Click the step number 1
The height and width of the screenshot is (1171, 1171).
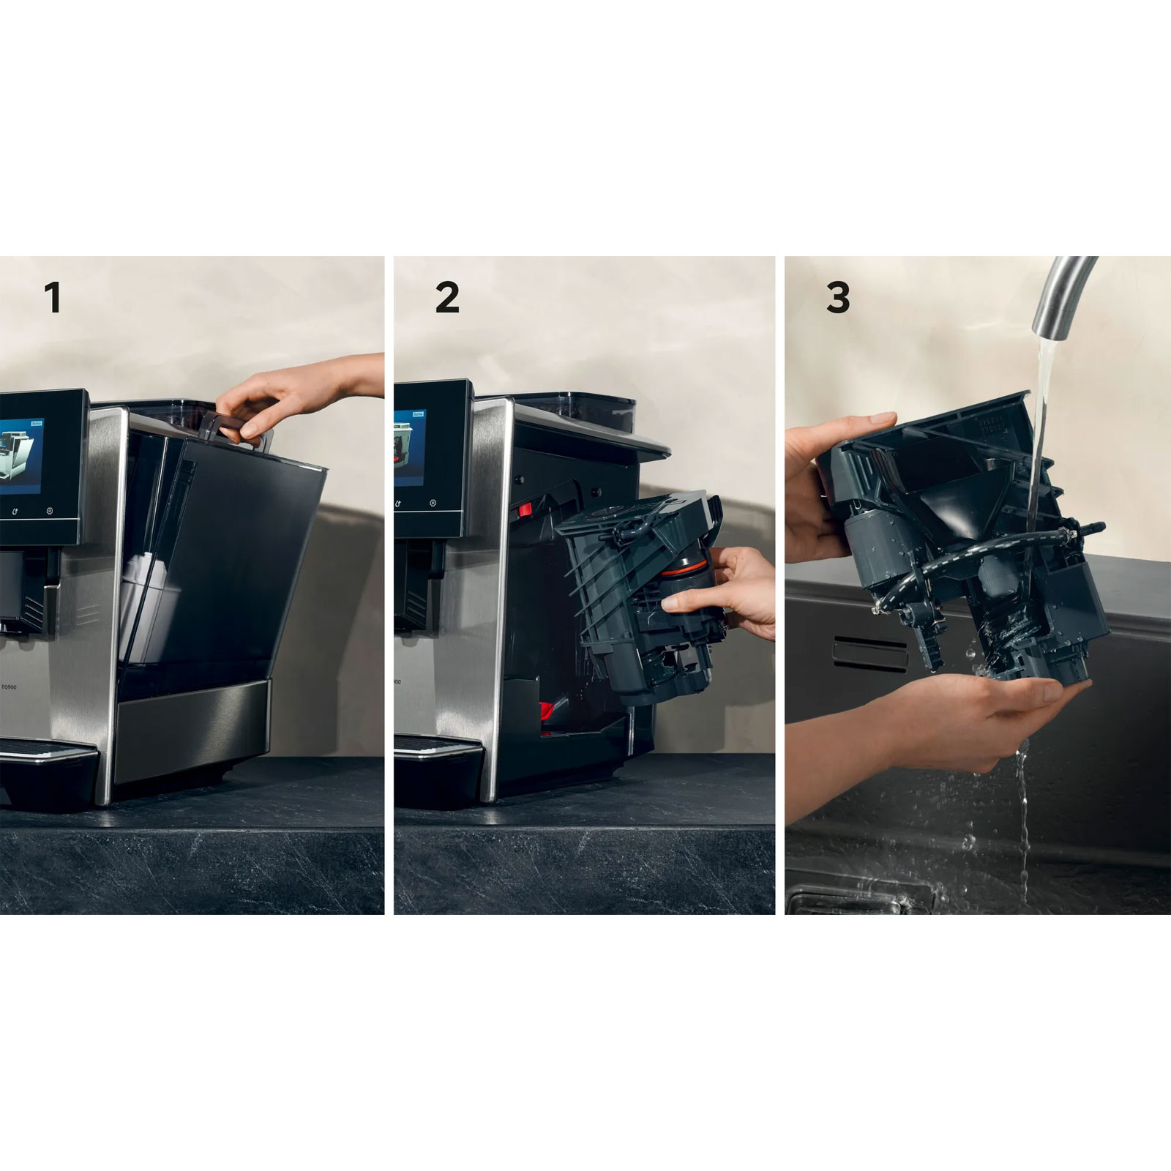[x=52, y=298]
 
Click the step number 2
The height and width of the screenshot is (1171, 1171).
[x=447, y=298]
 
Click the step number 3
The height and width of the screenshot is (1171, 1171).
[x=838, y=298]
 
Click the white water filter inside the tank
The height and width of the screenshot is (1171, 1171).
[x=139, y=600]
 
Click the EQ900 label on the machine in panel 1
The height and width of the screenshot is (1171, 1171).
[x=9, y=686]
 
